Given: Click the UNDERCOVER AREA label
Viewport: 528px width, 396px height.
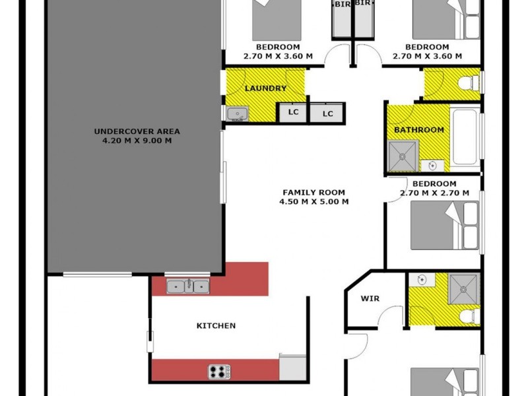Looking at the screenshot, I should (137, 131).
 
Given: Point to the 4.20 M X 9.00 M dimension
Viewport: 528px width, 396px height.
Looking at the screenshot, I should (137, 140).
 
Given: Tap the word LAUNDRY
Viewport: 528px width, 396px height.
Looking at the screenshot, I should (265, 88).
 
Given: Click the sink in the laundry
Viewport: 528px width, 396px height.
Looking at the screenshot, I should (237, 114).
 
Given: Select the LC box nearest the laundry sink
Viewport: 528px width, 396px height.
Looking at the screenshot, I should (293, 112).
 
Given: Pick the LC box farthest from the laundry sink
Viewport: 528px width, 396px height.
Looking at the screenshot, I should (328, 114).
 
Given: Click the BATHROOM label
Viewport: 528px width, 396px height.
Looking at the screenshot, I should (418, 130).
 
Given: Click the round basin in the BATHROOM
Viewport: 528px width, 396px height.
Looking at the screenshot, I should (433, 164).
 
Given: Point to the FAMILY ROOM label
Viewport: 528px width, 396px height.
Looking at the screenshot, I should (313, 192).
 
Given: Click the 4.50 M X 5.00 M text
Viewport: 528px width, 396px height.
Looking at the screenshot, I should (313, 202).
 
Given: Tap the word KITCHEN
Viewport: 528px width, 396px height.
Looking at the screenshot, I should (216, 325).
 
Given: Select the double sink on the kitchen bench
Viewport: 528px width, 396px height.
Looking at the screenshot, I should (188, 286).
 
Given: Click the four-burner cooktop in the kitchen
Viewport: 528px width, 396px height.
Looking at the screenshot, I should (219, 372).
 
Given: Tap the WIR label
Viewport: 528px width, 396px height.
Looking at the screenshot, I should (370, 298).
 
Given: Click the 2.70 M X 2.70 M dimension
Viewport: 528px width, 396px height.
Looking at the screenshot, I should (434, 193).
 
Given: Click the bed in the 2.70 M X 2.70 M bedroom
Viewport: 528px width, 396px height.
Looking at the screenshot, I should (444, 225).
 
